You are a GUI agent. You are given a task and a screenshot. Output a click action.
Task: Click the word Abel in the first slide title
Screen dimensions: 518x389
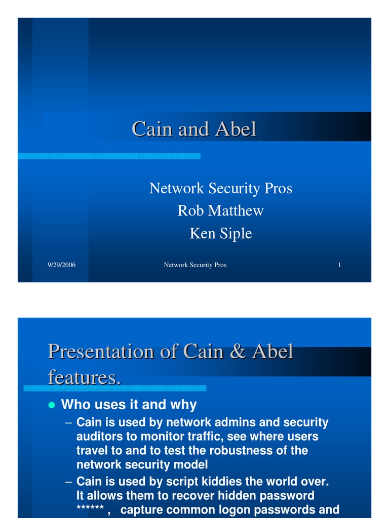coord(236,129)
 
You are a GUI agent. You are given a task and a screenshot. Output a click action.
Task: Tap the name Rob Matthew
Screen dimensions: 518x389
coord(220,210)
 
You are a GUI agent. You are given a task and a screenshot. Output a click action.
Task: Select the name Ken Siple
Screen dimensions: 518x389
coord(220,233)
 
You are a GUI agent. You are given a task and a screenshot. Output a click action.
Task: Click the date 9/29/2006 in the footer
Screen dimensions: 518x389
coord(61,265)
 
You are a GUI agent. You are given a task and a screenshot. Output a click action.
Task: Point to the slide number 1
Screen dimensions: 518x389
coord(339,265)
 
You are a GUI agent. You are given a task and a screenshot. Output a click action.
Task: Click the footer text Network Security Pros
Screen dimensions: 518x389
coord(195,265)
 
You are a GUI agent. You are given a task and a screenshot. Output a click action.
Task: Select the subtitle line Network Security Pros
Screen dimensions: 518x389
coord(220,188)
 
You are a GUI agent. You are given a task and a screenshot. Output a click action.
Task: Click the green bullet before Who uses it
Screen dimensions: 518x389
coord(51,405)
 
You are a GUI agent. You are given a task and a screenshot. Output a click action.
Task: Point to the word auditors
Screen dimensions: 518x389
coord(98,436)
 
